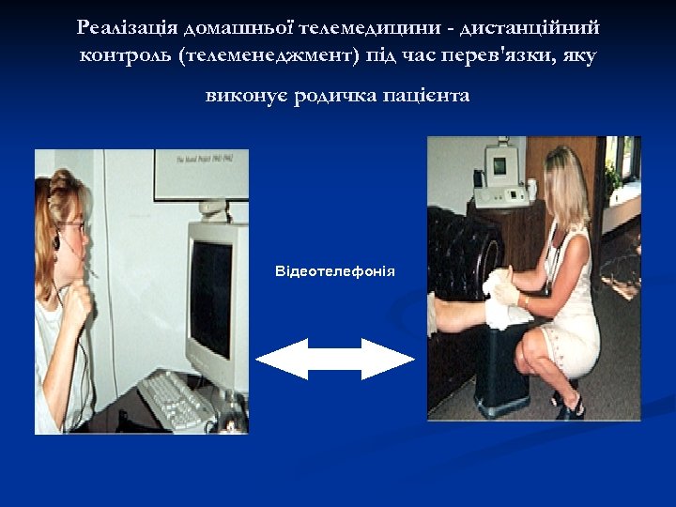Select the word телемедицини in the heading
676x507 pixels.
[355, 28]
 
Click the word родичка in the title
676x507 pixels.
[336, 97]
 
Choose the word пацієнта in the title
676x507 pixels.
[427, 97]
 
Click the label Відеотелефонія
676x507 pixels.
[335, 272]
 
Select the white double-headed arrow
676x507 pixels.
[335, 359]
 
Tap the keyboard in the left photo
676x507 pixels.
[178, 399]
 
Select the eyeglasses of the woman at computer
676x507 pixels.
[75, 225]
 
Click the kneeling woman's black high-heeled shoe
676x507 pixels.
[568, 406]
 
